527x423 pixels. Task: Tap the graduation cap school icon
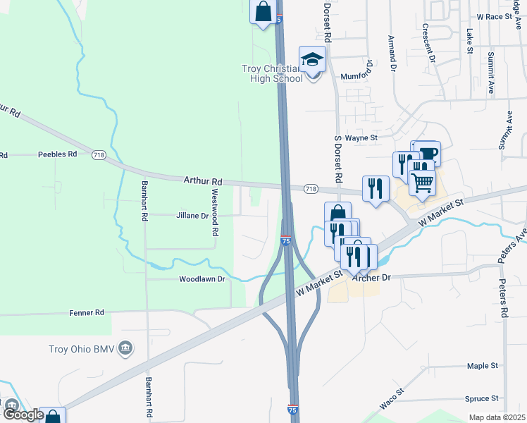(312, 60)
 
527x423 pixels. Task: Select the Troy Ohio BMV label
(83, 348)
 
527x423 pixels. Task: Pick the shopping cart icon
(422, 183)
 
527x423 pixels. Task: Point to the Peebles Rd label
(57, 154)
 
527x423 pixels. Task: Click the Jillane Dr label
(192, 216)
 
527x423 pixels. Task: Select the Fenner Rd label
(87, 312)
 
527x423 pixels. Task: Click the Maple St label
(483, 366)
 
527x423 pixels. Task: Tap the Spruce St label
(482, 398)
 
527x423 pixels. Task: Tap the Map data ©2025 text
(497, 417)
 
